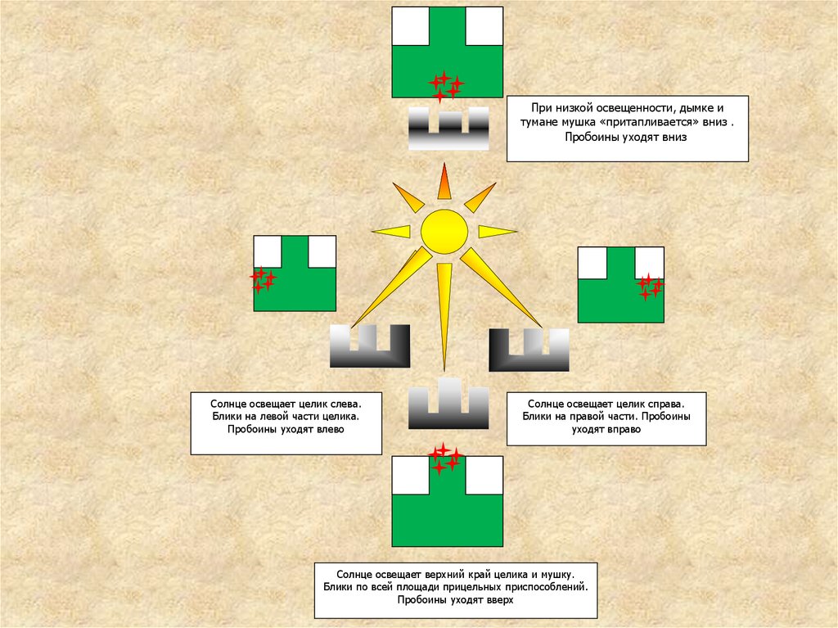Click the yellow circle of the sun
coord(444,232)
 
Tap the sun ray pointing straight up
coord(444,183)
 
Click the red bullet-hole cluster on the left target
coord(263,280)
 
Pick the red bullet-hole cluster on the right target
coord(651,286)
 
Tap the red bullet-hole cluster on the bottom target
coord(445,459)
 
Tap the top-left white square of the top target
coord(410,25)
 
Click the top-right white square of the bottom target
coord(484,476)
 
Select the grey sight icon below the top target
coord(448,129)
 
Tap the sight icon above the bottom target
coord(448,404)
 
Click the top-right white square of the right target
coord(649,262)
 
